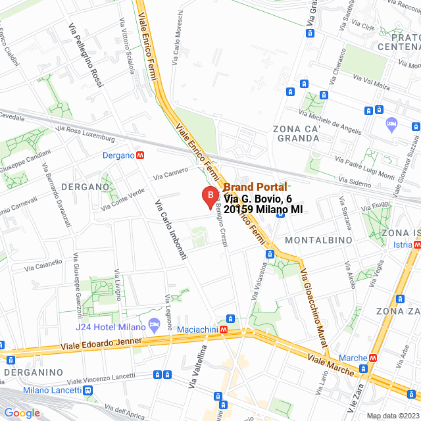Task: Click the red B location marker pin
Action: click(x=209, y=195)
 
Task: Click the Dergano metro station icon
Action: click(x=140, y=156)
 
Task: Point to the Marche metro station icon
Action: click(x=373, y=358)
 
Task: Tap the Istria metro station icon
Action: click(x=417, y=245)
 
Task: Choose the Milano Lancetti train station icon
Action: click(x=88, y=390)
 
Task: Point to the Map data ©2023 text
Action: click(x=393, y=416)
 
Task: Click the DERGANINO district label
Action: click(x=32, y=373)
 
